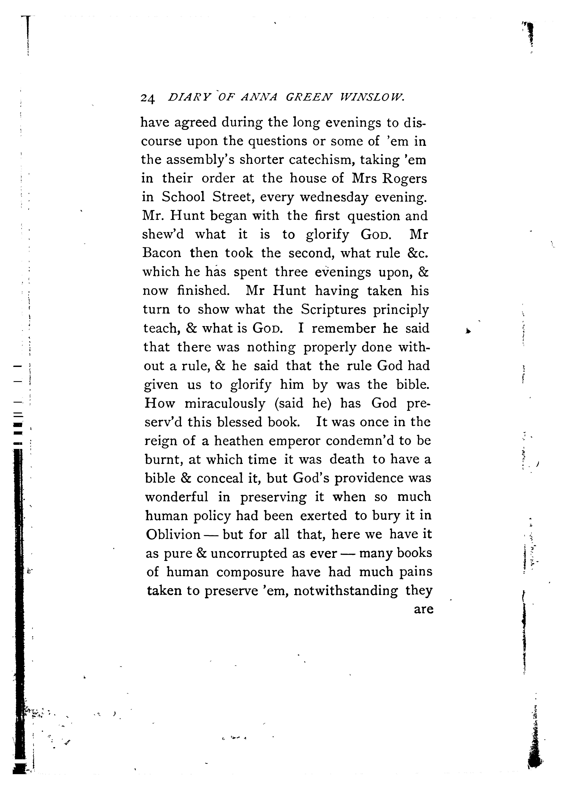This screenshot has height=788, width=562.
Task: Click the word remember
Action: [343, 328]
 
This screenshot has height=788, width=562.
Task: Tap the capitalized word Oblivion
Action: [173, 534]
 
